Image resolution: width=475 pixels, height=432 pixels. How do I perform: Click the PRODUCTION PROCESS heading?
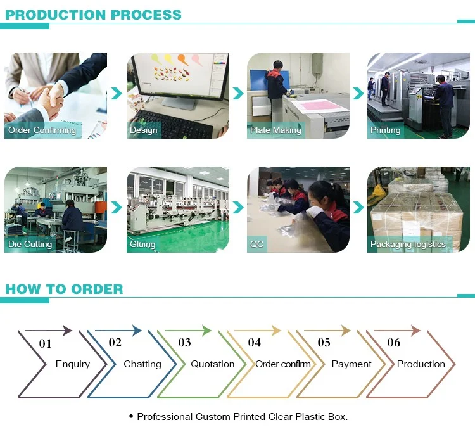[93, 15]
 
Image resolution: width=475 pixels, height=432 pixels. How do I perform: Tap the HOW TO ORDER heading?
[64, 289]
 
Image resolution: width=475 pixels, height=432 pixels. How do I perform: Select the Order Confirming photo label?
[42, 130]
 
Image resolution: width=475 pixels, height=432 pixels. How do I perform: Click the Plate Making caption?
[275, 130]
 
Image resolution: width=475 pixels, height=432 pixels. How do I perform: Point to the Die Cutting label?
[30, 244]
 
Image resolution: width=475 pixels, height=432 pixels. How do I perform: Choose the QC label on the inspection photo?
[256, 244]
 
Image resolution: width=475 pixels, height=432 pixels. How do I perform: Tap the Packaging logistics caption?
[408, 244]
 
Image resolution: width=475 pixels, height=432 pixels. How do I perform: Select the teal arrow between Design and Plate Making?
[238, 93]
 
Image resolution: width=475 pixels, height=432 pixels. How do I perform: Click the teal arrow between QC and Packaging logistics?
[358, 208]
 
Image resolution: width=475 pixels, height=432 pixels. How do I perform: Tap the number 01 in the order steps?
[46, 344]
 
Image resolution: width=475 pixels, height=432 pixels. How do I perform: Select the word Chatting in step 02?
[142, 364]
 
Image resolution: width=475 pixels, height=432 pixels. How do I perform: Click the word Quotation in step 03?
[212, 364]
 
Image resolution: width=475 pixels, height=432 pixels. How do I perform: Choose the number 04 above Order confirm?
[255, 343]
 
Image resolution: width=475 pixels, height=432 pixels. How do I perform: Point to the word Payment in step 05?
[351, 364]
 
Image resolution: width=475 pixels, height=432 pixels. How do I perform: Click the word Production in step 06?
[421, 364]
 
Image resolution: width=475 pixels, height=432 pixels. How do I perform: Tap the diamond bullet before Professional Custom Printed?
[131, 416]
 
